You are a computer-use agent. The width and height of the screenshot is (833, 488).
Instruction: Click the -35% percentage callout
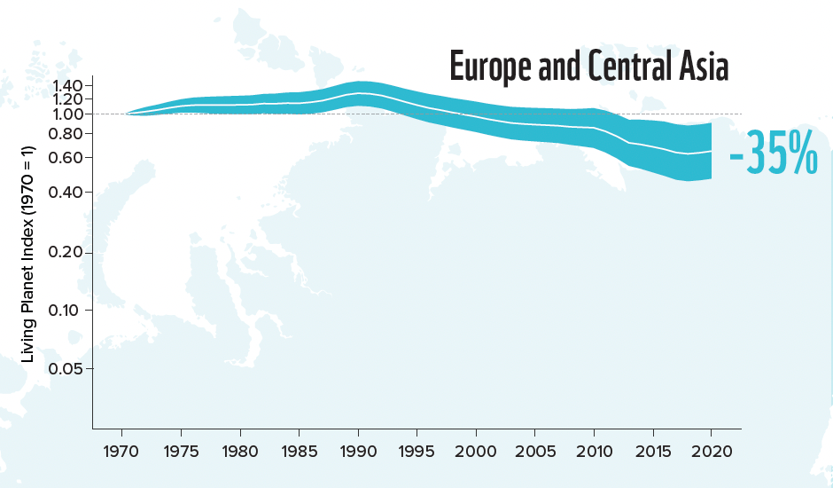point(773,157)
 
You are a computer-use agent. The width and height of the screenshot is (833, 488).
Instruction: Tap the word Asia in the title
point(698,67)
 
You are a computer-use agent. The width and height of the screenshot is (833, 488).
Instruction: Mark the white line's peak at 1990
point(358,93)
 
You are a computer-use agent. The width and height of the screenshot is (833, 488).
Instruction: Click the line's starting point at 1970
point(127,114)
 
